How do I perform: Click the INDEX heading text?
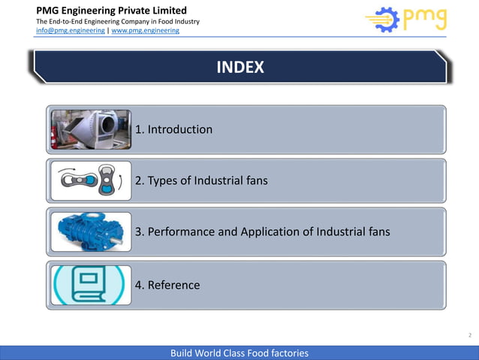click(x=239, y=68)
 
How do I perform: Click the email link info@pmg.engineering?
click(x=71, y=31)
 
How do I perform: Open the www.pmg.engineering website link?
click(x=145, y=31)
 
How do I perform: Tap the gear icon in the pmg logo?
click(x=383, y=21)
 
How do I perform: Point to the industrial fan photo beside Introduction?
click(x=90, y=129)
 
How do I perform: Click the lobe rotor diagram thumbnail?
click(x=90, y=181)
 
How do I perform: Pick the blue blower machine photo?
click(x=90, y=231)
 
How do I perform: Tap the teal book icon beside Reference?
click(x=90, y=285)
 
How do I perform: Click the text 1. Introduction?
click(x=173, y=129)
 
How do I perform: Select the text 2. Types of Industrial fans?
click(x=200, y=180)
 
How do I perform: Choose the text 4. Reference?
click(x=167, y=285)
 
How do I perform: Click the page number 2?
click(x=470, y=336)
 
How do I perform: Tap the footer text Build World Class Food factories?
click(x=239, y=353)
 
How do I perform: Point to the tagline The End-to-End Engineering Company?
click(x=118, y=21)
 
